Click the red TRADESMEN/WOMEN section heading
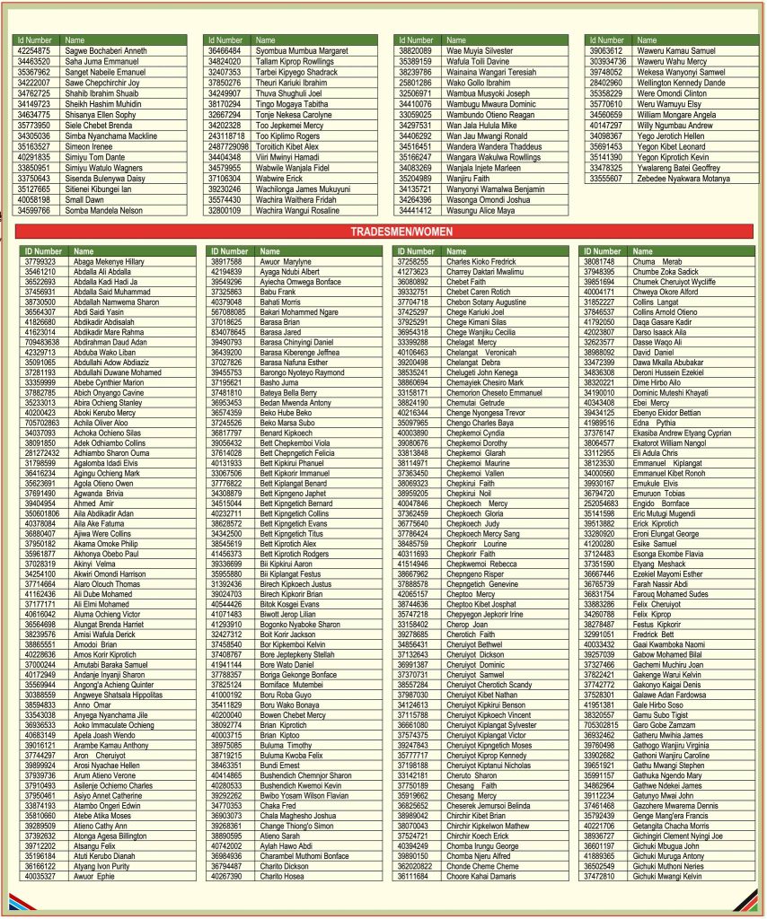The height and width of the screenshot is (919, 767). pos(383,232)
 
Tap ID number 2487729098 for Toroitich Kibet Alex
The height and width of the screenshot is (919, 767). pos(228,145)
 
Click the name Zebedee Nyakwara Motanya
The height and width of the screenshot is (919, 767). pos(678,179)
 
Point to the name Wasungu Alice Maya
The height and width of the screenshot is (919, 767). pos(480,210)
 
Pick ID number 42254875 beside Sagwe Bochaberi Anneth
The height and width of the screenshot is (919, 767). pos(34,51)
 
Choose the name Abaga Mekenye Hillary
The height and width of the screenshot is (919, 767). pos(109,261)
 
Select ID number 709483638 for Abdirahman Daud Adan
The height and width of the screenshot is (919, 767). pos(43,342)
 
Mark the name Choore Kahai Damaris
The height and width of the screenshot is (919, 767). pos(481,876)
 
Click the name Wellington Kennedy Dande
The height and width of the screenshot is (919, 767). pos(681,83)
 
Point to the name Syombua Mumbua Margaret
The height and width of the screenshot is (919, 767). pos(302,51)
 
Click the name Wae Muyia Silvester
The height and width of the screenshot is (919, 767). pos(479,51)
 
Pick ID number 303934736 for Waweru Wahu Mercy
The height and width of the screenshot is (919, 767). pos(608,62)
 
